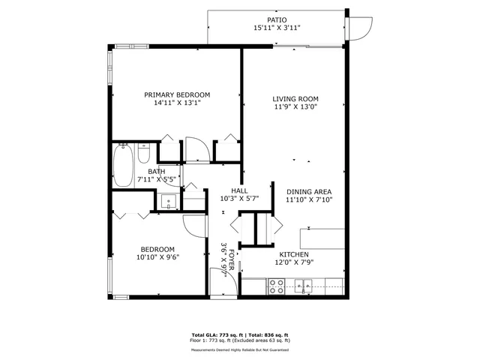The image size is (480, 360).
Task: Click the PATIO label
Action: (277, 19)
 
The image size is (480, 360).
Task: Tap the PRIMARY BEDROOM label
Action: (177, 94)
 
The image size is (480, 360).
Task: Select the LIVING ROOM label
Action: (295, 99)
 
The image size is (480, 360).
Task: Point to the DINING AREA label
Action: (308, 191)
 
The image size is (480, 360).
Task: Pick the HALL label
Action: (239, 191)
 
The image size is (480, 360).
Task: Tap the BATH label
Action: (156, 172)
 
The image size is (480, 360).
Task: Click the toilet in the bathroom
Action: (145, 154)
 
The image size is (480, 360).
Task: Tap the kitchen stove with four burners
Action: (276, 285)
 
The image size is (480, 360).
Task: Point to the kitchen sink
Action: (304, 285)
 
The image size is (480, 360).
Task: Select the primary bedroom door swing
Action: (196, 148)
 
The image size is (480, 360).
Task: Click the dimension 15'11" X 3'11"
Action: (277, 28)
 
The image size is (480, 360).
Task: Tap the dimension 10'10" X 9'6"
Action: (157, 257)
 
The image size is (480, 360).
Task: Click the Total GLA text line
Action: (240, 334)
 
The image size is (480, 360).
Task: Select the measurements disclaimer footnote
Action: (240, 349)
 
